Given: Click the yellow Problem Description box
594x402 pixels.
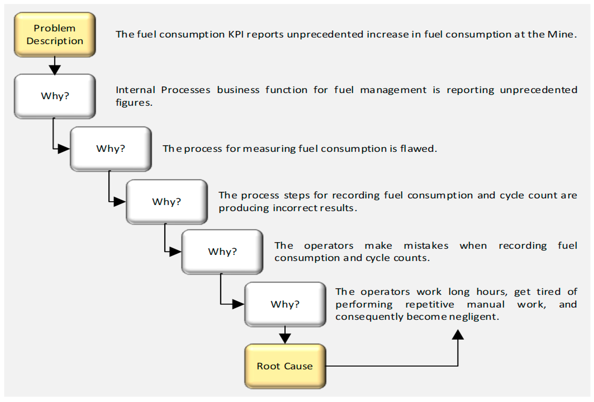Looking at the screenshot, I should click(55, 34).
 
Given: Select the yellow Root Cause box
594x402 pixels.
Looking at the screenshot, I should click(285, 366).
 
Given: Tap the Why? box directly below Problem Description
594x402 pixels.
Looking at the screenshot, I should click(55, 96).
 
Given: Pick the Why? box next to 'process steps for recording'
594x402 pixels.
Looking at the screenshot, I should click(167, 202).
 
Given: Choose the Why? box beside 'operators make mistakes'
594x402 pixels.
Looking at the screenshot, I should click(222, 252).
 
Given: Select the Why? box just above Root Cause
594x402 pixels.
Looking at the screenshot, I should click(285, 304).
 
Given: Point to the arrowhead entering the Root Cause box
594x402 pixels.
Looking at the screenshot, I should click(285, 338).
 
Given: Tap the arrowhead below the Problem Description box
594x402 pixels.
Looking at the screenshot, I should click(55, 69).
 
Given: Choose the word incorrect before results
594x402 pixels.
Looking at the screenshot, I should click(295, 208).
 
